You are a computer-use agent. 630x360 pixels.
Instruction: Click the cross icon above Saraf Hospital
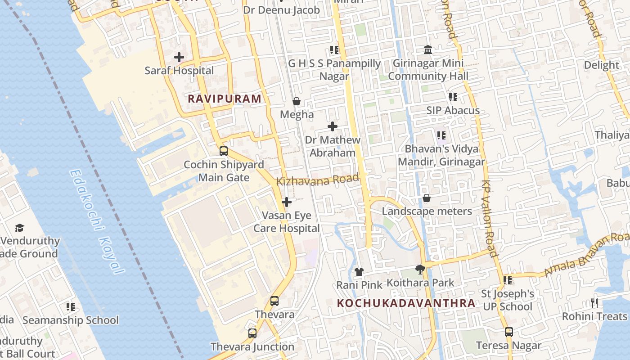point(179,57)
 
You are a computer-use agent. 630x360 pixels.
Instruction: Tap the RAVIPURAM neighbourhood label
point(224,99)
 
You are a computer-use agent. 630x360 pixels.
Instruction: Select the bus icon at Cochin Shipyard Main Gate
point(224,151)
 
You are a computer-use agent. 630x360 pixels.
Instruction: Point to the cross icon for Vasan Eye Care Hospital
point(287,202)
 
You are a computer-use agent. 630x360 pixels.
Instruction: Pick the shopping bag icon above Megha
point(297,101)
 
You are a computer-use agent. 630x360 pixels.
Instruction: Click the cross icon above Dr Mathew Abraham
point(333,126)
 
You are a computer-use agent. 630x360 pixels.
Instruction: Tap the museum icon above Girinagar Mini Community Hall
point(428,49)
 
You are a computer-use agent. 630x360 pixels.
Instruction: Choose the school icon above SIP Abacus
point(453,97)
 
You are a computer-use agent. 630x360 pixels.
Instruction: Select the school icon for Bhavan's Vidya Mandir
point(441,135)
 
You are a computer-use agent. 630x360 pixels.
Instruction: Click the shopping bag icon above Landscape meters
point(427,198)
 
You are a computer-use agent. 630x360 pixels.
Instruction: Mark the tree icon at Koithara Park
point(420,270)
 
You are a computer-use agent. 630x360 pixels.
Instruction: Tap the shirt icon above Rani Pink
point(359,271)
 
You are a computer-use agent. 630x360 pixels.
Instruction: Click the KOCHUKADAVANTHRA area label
point(406,303)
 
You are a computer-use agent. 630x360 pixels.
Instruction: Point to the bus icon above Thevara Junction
point(252,333)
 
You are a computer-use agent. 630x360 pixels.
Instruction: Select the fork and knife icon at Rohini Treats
point(594,303)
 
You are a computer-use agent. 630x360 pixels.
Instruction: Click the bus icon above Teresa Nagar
point(509,332)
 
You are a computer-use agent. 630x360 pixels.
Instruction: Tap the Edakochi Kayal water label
point(97,221)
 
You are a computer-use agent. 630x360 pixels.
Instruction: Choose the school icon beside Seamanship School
point(71,307)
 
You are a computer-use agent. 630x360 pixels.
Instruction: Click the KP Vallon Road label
point(490,219)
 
